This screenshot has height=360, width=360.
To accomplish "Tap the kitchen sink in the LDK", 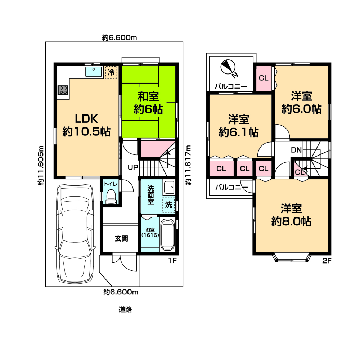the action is pyautogui.click(x=94, y=72).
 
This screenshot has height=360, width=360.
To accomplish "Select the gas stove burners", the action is pyautogui.click(x=63, y=90).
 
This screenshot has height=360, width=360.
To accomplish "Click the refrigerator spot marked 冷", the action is pyautogui.click(x=111, y=72).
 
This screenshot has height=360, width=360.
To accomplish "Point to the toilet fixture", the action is pyautogui.click(x=111, y=196).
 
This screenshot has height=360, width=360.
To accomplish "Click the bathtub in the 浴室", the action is pyautogui.click(x=168, y=234).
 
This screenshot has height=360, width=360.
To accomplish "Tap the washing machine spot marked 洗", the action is pyautogui.click(x=169, y=205).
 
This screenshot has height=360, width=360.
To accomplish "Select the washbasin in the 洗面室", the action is pyautogui.click(x=169, y=187).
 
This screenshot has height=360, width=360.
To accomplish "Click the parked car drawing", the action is pyautogui.click(x=75, y=234).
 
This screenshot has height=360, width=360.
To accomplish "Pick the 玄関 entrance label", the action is pyautogui.click(x=121, y=239).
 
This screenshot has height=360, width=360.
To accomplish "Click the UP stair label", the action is pyautogui.click(x=133, y=167).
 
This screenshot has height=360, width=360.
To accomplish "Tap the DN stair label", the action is pyautogui.click(x=296, y=150).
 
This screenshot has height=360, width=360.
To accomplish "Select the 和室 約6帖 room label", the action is pyautogui.click(x=148, y=103).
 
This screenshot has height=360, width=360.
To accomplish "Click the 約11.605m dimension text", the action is pyautogui.click(x=41, y=165).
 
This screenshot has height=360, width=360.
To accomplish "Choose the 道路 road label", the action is pyautogui.click(x=125, y=310).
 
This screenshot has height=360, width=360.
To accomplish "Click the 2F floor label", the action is pyautogui.click(x=327, y=261).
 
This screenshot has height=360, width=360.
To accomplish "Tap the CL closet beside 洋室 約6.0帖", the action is pyautogui.click(x=264, y=78).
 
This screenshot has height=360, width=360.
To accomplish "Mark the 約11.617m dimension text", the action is pyautogui.click(x=188, y=165).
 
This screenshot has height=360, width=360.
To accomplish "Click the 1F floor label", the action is pyautogui.click(x=172, y=261).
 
